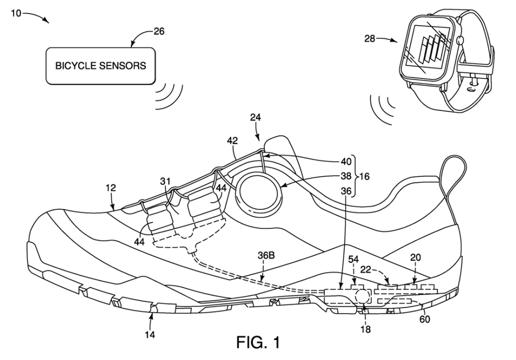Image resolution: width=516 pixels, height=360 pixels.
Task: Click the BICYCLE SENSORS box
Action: pyautogui.click(x=100, y=66)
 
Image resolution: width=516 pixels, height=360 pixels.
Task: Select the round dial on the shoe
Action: pyautogui.click(x=261, y=194)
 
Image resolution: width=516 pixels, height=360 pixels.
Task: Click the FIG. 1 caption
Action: pyautogui.click(x=259, y=342)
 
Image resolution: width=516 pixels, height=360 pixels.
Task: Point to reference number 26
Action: pyautogui.click(x=159, y=32)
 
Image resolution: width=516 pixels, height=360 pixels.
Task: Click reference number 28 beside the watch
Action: pyautogui.click(x=369, y=39)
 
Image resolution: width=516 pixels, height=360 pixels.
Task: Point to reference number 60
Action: pyautogui.click(x=424, y=319)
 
